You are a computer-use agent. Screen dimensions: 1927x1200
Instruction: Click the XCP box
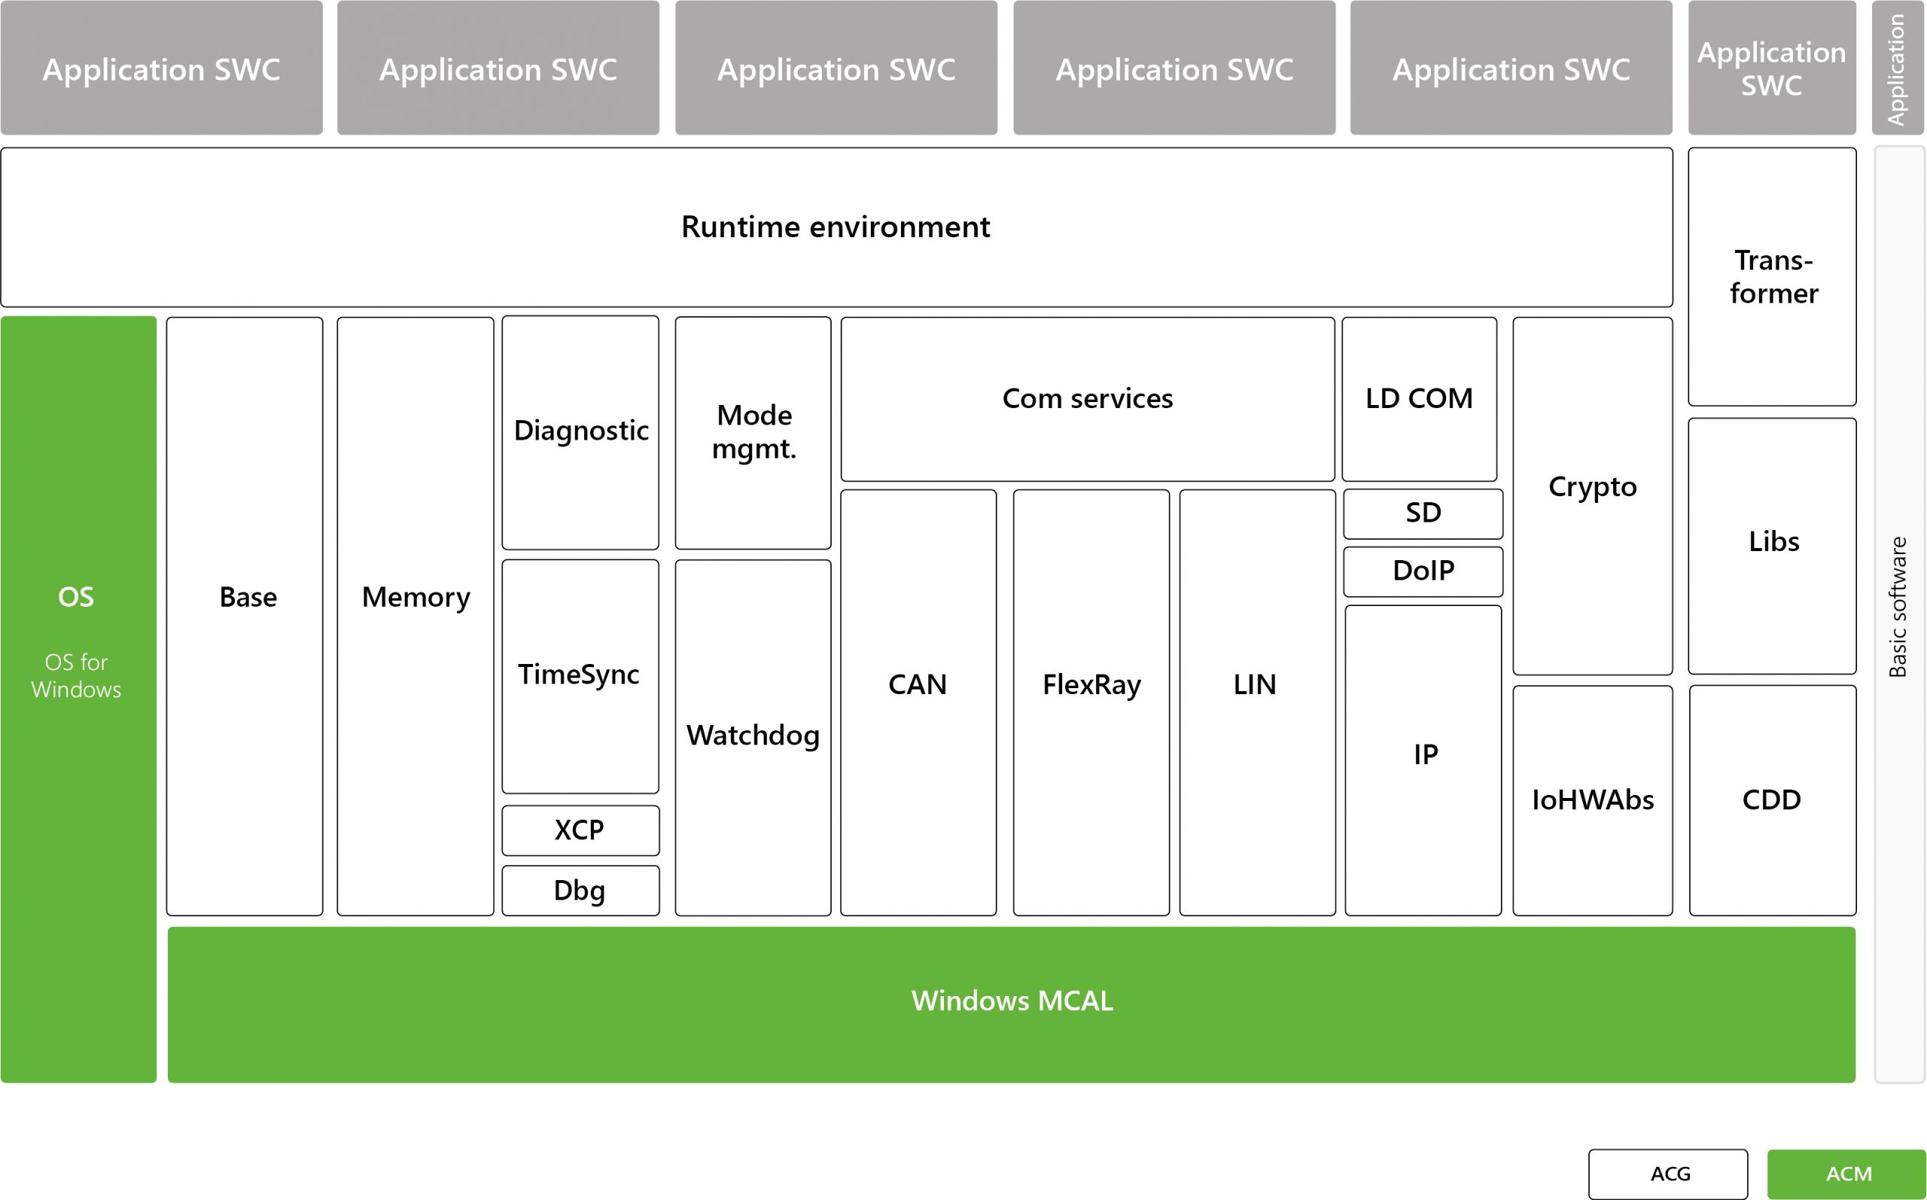(580, 830)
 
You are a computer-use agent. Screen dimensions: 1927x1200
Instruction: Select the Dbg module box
(580, 891)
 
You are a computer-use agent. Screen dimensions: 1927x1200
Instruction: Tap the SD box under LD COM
(1423, 513)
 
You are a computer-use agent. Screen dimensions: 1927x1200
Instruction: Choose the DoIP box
(1423, 571)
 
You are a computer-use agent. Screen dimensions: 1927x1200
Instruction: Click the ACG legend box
(1667, 1174)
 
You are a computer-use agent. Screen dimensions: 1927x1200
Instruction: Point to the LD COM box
(1419, 399)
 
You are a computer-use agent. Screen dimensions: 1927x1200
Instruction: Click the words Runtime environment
(836, 227)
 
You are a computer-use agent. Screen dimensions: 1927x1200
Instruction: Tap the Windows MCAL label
(1012, 1001)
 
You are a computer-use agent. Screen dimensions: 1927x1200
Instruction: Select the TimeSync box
(580, 676)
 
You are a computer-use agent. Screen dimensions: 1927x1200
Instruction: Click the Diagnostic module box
(580, 433)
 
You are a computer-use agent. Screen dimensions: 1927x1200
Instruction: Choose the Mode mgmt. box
(753, 433)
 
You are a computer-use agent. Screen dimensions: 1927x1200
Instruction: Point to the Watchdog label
(753, 736)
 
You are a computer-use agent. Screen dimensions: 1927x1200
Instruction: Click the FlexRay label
(1091, 685)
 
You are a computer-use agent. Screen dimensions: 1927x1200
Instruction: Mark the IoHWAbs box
(1592, 801)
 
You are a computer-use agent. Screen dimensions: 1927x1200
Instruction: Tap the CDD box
(1772, 801)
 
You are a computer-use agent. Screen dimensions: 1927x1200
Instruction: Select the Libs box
(1772, 546)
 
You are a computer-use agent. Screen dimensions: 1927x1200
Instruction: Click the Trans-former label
(1773, 277)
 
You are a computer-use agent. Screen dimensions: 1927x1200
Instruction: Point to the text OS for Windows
(76, 675)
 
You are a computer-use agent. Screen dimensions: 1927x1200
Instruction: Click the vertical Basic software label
(1897, 607)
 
